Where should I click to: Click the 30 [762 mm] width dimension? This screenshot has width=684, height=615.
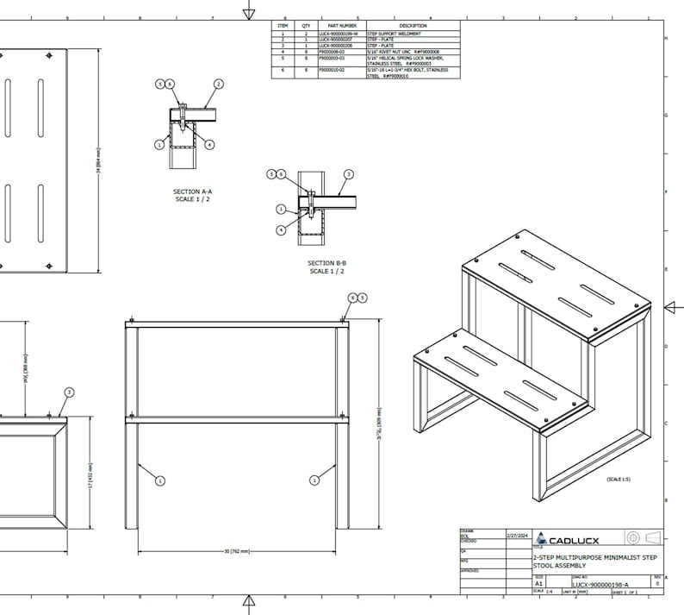(x=236, y=550)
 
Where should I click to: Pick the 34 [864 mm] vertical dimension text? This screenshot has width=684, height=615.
(x=100, y=160)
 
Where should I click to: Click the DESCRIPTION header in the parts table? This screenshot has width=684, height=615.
(x=413, y=26)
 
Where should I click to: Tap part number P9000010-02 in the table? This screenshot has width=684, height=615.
(x=332, y=69)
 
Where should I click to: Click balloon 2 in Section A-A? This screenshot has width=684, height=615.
(x=219, y=84)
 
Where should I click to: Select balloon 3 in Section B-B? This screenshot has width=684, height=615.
(x=348, y=173)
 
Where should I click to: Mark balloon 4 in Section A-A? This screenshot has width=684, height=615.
(x=209, y=144)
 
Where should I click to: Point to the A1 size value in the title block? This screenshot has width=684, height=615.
(x=539, y=584)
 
